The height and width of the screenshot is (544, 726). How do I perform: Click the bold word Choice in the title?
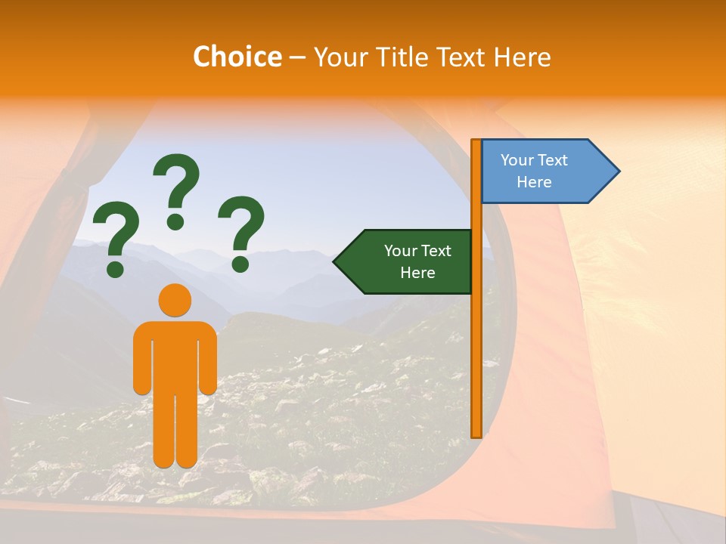click(237, 57)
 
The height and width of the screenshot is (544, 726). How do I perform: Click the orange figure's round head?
click(175, 300)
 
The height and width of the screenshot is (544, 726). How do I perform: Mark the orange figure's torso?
click(175, 355)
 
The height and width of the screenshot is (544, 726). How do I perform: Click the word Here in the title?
click(522, 57)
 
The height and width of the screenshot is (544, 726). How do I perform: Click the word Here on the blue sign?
click(534, 182)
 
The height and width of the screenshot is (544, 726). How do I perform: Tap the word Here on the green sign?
click(417, 273)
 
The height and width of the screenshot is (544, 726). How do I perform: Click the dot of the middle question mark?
click(175, 221)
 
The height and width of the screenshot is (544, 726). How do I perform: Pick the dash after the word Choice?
click(297, 57)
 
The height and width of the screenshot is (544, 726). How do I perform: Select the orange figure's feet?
click(175, 459)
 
